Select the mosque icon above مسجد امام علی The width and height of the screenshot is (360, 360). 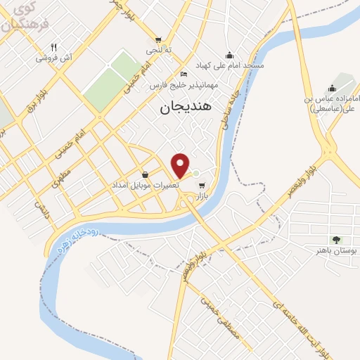[x=229, y=55]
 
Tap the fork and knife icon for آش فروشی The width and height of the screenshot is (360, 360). [x=53, y=48]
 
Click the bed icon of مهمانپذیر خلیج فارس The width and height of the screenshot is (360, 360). [x=184, y=75]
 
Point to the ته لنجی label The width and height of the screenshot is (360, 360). [x=157, y=51]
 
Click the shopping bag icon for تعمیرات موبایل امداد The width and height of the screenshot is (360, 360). [x=145, y=174]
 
